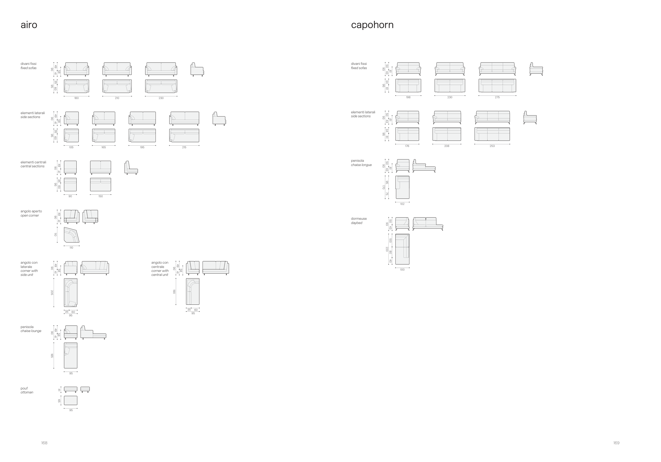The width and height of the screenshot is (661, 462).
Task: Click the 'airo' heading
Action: click(29, 25)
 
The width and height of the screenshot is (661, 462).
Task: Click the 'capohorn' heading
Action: click(372, 25)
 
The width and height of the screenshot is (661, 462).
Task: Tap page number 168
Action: click(44, 443)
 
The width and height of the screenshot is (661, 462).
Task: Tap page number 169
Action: click(616, 443)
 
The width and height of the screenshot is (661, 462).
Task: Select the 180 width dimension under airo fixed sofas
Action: click(76, 98)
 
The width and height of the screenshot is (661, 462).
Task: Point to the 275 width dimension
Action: click(497, 97)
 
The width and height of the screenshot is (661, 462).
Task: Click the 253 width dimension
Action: click(492, 146)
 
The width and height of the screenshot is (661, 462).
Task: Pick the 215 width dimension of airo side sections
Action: click(184, 147)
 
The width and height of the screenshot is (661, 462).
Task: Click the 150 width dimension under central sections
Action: click(100, 196)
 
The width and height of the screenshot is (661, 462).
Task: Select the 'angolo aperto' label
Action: click(31, 211)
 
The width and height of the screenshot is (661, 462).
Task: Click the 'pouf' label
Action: click(24, 388)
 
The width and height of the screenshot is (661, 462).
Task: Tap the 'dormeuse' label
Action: click(359, 219)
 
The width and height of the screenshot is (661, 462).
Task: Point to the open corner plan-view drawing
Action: click(71, 235)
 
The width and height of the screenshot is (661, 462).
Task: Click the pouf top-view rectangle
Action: click(71, 400)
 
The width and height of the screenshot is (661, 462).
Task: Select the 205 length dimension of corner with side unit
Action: click(52, 293)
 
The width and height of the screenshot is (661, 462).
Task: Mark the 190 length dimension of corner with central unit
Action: click(174, 292)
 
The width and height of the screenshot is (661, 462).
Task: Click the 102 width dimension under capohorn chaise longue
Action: click(402, 204)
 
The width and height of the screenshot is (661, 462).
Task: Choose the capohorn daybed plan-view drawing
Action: click(402, 249)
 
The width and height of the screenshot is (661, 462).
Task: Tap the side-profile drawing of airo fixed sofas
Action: click(197, 69)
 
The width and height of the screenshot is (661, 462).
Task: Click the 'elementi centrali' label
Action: click(33, 162)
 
